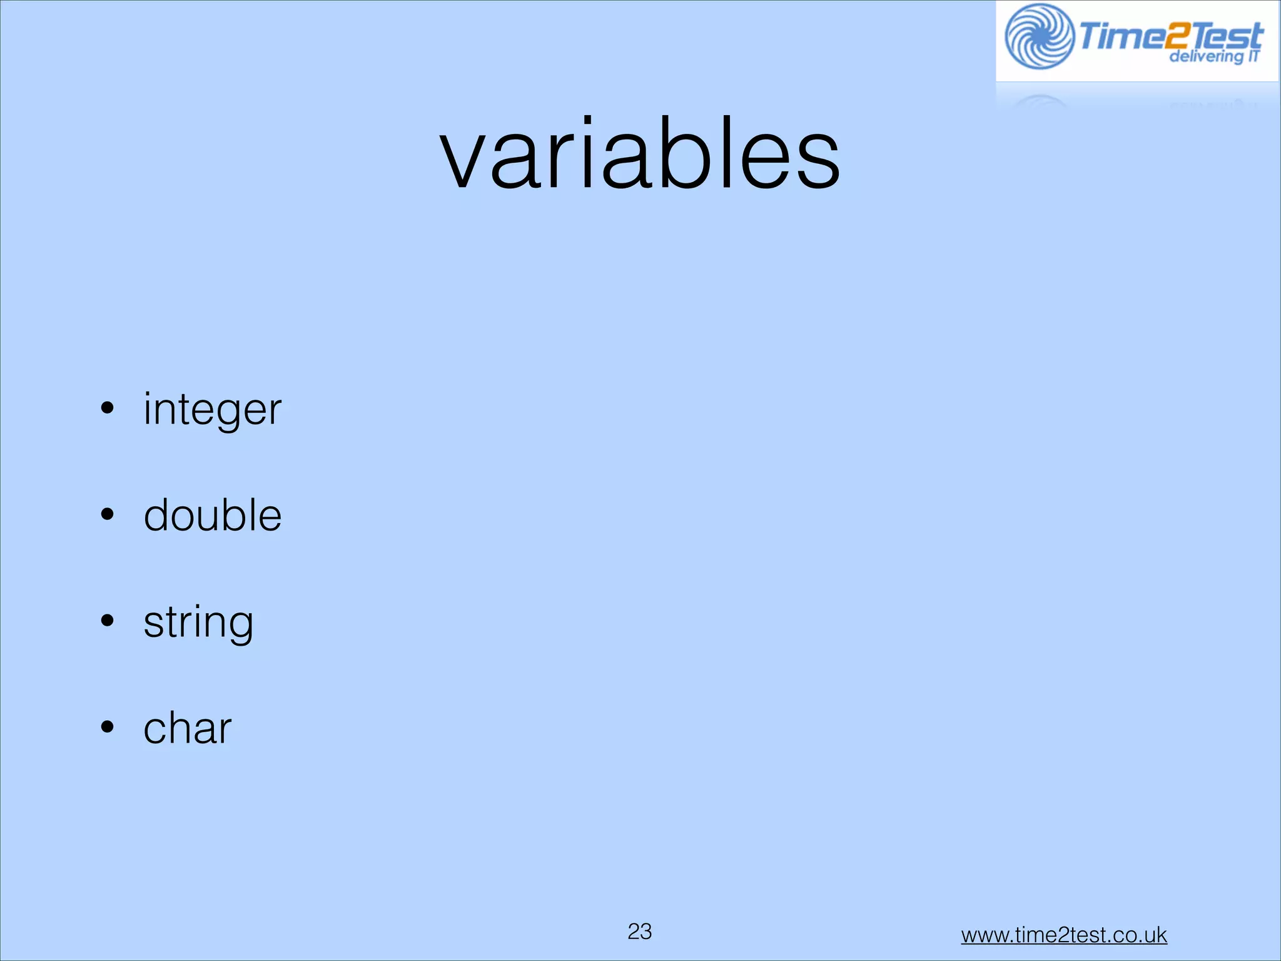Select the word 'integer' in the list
pyautogui.click(x=212, y=410)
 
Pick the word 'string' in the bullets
pyautogui.click(x=198, y=623)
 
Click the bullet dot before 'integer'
pyautogui.click(x=108, y=408)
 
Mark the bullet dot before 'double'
pyautogui.click(x=108, y=514)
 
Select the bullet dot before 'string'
pyautogui.click(x=108, y=621)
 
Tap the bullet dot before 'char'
pyautogui.click(x=108, y=727)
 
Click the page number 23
pyautogui.click(x=640, y=932)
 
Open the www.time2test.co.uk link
pyautogui.click(x=1064, y=935)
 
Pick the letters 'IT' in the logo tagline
pyautogui.click(x=1253, y=56)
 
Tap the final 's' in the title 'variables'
pyautogui.click(x=813, y=164)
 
